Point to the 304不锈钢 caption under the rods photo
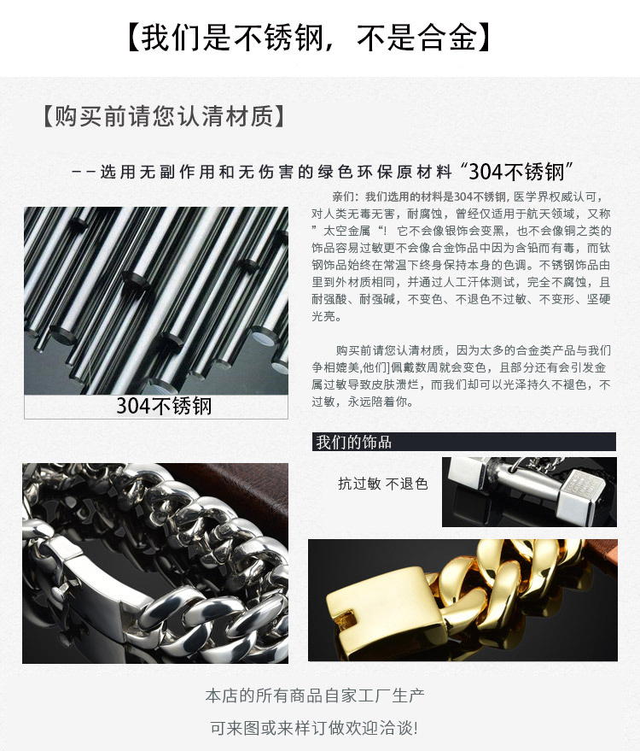pos(164,406)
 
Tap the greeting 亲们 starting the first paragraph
pos(342,197)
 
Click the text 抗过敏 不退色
pos(382,484)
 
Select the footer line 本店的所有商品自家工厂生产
pos(314,695)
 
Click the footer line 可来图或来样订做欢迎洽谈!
pos(314,728)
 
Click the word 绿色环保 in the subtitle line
pos(352,172)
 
